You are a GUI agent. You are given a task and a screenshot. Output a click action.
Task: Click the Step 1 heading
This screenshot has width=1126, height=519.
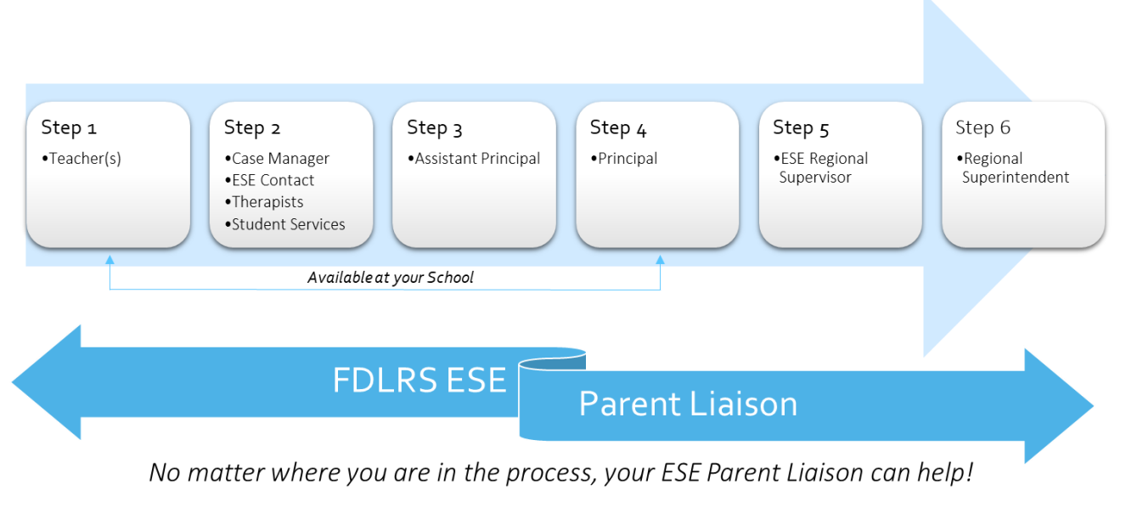pos(69,128)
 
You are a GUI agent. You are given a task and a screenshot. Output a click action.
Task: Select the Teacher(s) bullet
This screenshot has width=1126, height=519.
pos(82,159)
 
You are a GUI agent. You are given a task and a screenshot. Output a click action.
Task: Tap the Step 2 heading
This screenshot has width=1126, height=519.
pos(252,128)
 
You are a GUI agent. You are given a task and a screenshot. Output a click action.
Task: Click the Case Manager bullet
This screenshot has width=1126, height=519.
pos(277,159)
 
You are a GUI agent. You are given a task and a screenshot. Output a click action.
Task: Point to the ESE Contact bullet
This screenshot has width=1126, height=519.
pos(269,180)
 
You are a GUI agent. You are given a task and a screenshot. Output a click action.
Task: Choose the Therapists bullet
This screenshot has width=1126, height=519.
pos(264,202)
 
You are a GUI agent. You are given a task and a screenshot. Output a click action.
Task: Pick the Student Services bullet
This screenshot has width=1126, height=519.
pos(285,224)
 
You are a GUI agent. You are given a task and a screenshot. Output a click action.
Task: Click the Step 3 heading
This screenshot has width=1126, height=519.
pos(434,128)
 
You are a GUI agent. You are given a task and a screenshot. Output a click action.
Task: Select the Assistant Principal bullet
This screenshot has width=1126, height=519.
pos(474,159)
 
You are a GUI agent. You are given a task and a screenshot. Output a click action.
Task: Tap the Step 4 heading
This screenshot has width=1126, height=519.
pos(618,128)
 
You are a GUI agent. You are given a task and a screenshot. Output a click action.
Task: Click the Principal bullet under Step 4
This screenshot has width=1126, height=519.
pos(624,159)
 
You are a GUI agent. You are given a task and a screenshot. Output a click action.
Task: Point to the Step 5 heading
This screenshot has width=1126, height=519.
pos(801,128)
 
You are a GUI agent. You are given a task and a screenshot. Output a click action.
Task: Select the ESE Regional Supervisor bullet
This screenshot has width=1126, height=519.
pos(821,168)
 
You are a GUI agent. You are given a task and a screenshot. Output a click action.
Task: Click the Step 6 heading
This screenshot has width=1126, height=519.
pos(982,127)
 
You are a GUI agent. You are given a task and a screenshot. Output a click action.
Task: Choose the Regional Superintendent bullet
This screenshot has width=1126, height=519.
pos(1013,168)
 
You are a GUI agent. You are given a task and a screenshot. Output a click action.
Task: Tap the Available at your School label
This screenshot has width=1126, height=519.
pos(391,278)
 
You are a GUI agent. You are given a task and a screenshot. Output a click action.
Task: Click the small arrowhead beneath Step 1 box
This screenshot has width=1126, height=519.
pos(110,260)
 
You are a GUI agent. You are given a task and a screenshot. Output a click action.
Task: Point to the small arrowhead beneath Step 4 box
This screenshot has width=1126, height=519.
pos(660,260)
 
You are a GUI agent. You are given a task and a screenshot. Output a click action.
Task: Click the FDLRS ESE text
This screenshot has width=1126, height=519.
pos(419,380)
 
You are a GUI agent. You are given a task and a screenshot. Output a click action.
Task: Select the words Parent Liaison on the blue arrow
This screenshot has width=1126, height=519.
pos(688,403)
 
